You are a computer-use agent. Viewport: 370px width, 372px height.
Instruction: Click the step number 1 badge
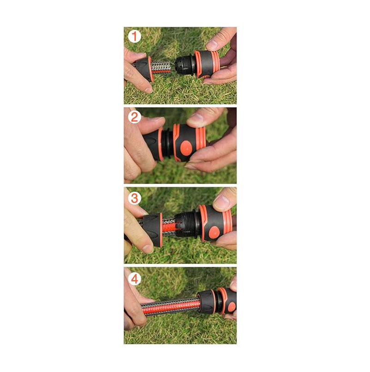tap(134, 37)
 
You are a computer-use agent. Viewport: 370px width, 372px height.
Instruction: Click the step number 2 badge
tap(134, 117)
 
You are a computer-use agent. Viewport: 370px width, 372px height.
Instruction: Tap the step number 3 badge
tap(134, 198)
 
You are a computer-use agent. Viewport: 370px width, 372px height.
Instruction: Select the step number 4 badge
tap(134, 279)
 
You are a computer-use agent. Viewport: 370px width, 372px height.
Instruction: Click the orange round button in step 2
tap(186, 148)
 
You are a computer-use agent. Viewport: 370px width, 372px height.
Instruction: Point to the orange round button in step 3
tap(214, 232)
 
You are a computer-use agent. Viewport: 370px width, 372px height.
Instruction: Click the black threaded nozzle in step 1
tap(186, 65)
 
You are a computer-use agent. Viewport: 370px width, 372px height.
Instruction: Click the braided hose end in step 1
tap(161, 67)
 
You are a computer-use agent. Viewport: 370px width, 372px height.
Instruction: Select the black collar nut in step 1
tap(142, 69)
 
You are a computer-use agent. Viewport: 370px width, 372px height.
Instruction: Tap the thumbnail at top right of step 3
tap(222, 202)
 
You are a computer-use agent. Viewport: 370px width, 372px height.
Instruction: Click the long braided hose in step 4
tap(171, 307)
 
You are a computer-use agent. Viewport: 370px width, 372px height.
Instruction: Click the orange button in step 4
tap(232, 307)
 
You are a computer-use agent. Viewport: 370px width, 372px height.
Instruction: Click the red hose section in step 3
tap(169, 228)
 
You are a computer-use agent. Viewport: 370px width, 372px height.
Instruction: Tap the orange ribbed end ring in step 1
tap(215, 62)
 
